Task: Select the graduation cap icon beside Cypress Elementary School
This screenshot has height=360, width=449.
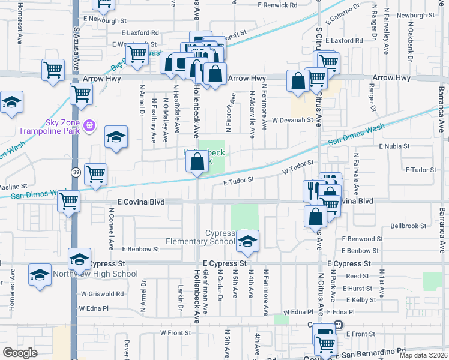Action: pyautogui.click(x=247, y=241)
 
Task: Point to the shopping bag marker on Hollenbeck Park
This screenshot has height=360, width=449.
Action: pyautogui.click(x=197, y=161)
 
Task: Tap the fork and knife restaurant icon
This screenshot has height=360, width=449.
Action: pyautogui.click(x=312, y=191)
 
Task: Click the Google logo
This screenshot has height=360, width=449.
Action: pyautogui.click(x=20, y=353)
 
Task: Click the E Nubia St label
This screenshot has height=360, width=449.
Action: pyautogui.click(x=393, y=146)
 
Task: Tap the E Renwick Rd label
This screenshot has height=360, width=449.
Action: pyautogui.click(x=277, y=5)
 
